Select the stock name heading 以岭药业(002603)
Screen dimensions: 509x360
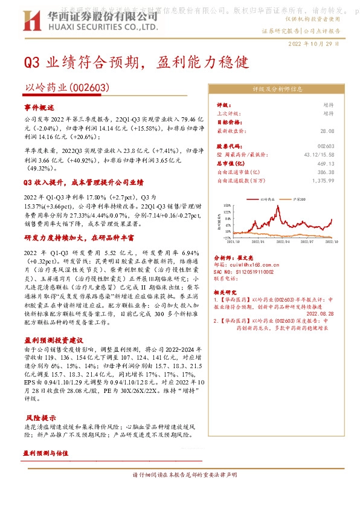pyautogui.click(x=66, y=88)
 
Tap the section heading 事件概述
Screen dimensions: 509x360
pyautogui.click(x=39, y=107)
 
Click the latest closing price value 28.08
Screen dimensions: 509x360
pyautogui.click(x=327, y=131)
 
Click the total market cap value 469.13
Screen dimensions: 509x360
pyautogui.click(x=325, y=163)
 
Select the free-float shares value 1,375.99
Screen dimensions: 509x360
pyautogui.click(x=323, y=180)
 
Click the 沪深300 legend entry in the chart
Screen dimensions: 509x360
pyautogui.click(x=294, y=198)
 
